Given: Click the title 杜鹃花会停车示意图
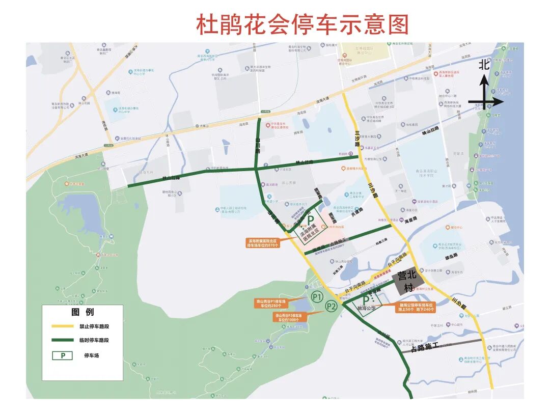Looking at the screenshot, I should coord(302,24).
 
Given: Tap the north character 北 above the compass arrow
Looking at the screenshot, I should coord(484,65).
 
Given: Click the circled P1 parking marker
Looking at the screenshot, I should coord(317,296).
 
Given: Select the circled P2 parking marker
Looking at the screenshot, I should coord(332,306).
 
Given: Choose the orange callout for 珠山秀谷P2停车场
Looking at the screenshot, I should coord(288,318).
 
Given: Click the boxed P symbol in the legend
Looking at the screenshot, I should coord(63,355).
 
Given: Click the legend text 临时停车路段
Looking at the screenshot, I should coord(94,340).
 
